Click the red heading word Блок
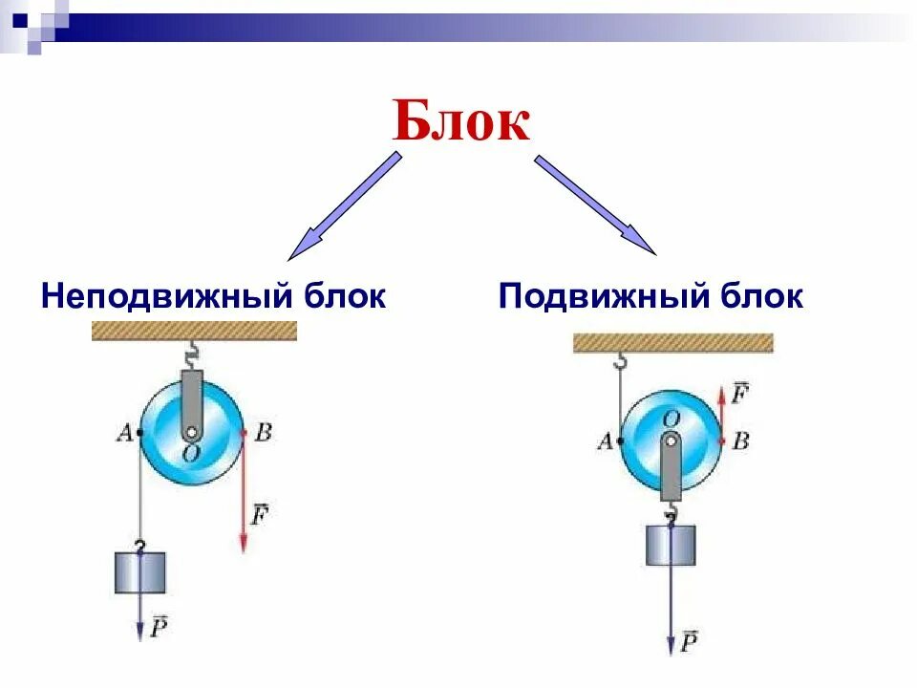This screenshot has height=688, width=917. pyautogui.click(x=461, y=121)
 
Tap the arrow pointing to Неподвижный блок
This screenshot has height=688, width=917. pyautogui.click(x=344, y=207)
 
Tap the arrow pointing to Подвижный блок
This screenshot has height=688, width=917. pyautogui.click(x=595, y=205)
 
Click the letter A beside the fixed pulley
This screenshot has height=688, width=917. pyautogui.click(x=123, y=433)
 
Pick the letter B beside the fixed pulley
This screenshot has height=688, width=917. pyautogui.click(x=264, y=432)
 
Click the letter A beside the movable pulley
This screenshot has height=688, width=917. pyautogui.click(x=605, y=441)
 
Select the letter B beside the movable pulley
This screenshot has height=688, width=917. pyautogui.click(x=739, y=441)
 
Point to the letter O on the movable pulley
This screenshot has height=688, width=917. pyautogui.click(x=672, y=419)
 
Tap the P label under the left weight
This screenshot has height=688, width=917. pyautogui.click(x=159, y=626)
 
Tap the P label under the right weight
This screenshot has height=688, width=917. pyautogui.click(x=689, y=641)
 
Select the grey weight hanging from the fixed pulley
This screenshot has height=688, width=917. pyautogui.click(x=140, y=571)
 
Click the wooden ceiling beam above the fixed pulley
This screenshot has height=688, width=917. pyautogui.click(x=194, y=332)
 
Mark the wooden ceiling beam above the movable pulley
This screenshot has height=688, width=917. pyautogui.click(x=672, y=343)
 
